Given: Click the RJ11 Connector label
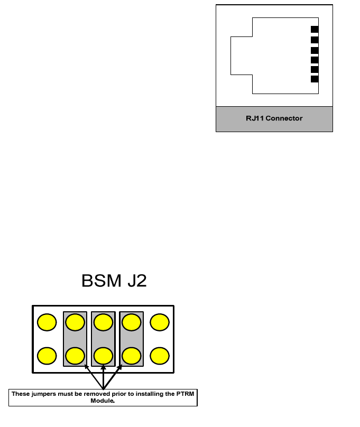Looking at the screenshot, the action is pos(274,118).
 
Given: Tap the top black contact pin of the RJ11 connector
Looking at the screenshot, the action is pos(315,30).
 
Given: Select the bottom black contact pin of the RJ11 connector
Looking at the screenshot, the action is pos(315,79).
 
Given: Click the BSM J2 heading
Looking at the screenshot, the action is pos(114,281).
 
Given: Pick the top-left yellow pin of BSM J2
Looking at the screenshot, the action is pos(47,322).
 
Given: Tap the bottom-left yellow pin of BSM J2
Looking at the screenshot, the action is pos(47,356).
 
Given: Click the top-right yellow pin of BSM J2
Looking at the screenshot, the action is pos(159,322).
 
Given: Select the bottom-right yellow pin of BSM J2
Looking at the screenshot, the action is pos(159,356).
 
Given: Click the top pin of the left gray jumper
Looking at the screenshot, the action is pos(75,322).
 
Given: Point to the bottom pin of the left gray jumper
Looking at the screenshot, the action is pos(75,356).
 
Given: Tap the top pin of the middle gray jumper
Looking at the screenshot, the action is pos(103,322).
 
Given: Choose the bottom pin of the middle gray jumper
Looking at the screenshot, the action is pos(103,356).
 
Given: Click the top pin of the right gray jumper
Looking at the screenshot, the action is pos(131,322).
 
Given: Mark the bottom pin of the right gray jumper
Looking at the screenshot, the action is pos(131,356).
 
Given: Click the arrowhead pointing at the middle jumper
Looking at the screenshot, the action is pos(104,367).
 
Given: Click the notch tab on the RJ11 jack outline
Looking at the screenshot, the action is pos(241,55).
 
